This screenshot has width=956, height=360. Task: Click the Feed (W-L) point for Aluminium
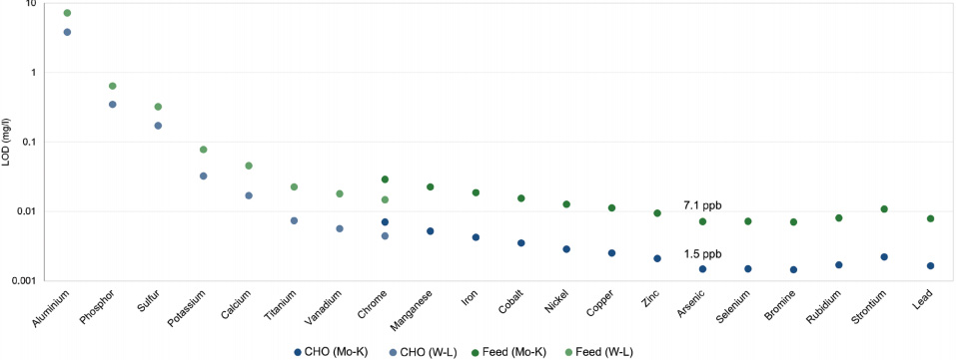point(67,13)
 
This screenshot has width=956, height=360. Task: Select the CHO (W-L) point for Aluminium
point(67,32)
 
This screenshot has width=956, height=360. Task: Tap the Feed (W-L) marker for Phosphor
point(113,86)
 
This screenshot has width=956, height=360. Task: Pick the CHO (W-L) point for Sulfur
point(158,126)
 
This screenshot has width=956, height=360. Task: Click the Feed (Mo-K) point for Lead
point(930,218)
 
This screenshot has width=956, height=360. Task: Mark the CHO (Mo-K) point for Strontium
point(884,257)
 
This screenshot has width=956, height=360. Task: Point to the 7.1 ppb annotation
point(702,205)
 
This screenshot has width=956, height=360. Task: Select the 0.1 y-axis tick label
point(28,142)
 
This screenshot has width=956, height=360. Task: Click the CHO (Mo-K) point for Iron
point(476,237)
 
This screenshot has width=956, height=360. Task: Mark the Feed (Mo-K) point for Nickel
point(566,204)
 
